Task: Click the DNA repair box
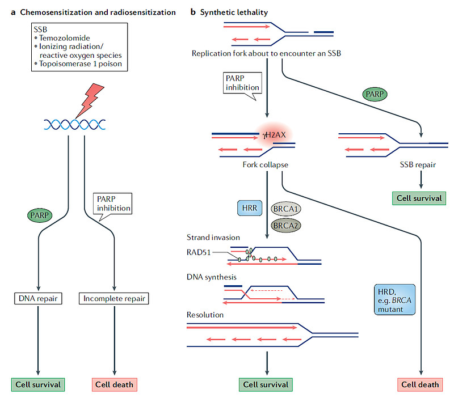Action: (x=37, y=297)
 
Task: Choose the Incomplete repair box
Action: (x=115, y=297)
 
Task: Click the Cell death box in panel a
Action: (x=115, y=384)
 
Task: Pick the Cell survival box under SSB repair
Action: (x=420, y=198)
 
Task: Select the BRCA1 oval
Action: (x=286, y=209)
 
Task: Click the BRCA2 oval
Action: (x=286, y=225)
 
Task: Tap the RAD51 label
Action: (x=199, y=253)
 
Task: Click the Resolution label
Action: (x=205, y=314)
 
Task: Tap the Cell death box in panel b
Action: (x=420, y=384)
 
